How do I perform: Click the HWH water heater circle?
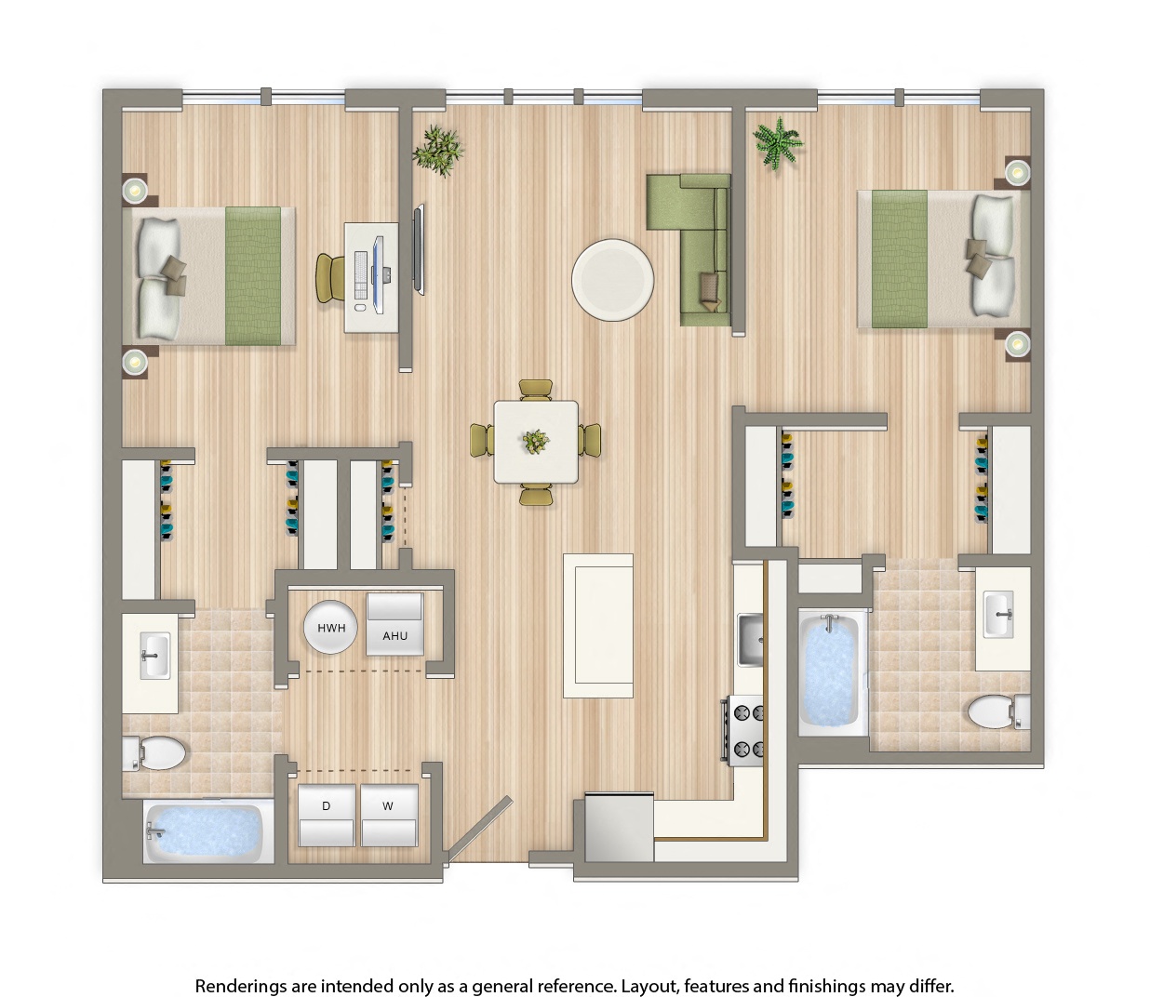coord(331,628)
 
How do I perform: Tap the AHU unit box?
coord(394,624)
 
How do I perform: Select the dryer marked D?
coord(327,816)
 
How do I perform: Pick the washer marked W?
coord(388,816)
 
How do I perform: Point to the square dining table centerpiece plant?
coord(535,441)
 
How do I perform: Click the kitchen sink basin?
coord(751,640)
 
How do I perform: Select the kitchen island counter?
coord(599,624)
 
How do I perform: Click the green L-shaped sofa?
coord(699,247)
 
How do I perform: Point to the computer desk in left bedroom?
coord(372,276)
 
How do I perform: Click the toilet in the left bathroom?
coord(155,752)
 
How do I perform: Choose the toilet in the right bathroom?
coord(996,713)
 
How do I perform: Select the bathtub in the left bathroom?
coord(206,831)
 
